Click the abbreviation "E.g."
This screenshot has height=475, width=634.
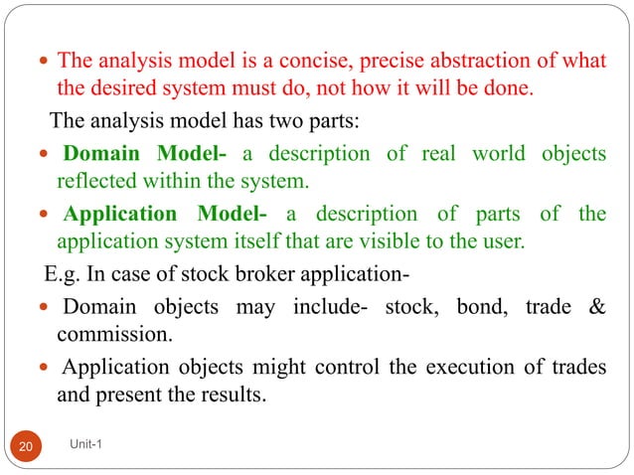(62, 273)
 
